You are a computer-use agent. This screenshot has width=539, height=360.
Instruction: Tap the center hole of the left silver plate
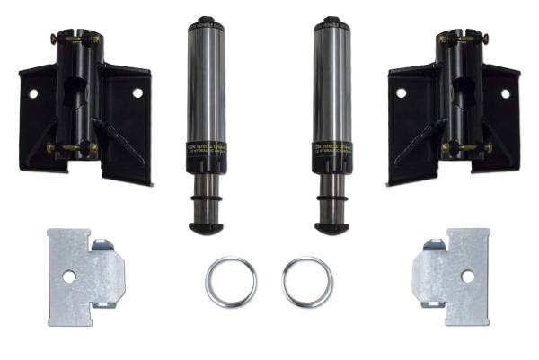click(x=69, y=277)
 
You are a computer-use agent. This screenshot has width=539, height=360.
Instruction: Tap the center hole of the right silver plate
click(x=469, y=277)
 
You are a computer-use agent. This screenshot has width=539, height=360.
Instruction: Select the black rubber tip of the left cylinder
click(x=206, y=227)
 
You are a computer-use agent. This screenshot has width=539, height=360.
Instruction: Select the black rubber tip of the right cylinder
click(x=331, y=227)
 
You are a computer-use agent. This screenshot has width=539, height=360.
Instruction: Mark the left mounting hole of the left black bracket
click(x=33, y=93)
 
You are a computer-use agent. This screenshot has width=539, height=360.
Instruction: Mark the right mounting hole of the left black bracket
click(x=137, y=92)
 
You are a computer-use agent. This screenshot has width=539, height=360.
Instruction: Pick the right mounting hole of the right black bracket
click(x=505, y=93)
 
